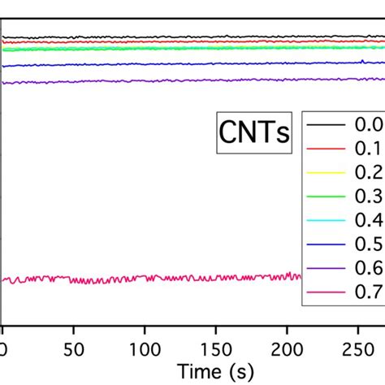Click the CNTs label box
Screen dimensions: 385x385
click(253, 133)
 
